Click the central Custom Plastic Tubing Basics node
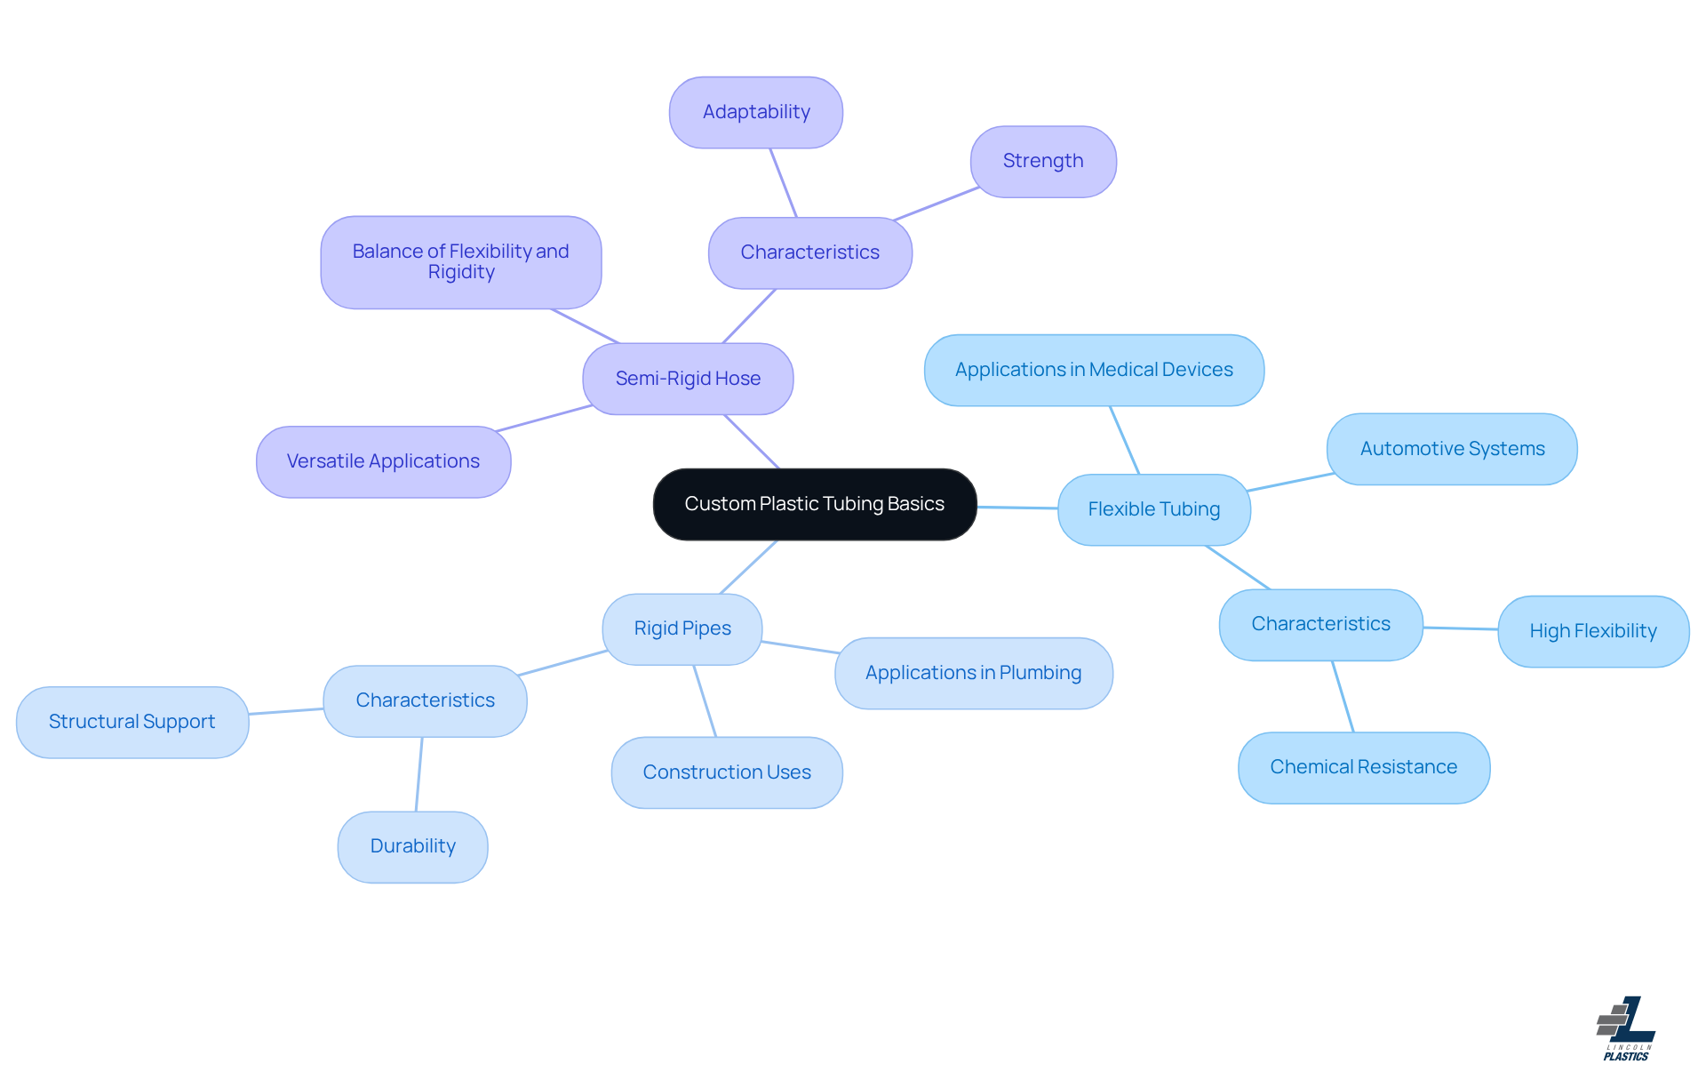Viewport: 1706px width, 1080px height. click(x=814, y=504)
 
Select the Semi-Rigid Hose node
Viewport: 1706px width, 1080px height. click(x=688, y=379)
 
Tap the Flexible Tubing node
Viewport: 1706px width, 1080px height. click(x=1153, y=509)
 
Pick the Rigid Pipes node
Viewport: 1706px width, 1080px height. click(x=682, y=628)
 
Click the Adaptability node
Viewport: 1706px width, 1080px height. click(x=755, y=112)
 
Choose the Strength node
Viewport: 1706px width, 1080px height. click(x=1042, y=161)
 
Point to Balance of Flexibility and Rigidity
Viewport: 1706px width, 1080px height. click(x=460, y=262)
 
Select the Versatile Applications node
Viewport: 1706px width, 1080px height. click(x=383, y=461)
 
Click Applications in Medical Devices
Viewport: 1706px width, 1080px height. click(x=1093, y=370)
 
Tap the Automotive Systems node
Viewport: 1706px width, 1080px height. click(x=1451, y=449)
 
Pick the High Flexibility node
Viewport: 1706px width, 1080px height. click(x=1592, y=631)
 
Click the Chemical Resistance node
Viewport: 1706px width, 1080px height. click(x=1363, y=767)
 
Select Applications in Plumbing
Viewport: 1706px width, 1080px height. click(x=973, y=673)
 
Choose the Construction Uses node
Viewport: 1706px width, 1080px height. click(x=726, y=772)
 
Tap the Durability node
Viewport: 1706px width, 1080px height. click(x=412, y=846)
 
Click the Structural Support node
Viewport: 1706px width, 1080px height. click(x=132, y=722)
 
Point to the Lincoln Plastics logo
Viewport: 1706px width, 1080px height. click(x=1626, y=1028)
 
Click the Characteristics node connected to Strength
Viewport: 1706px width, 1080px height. click(x=809, y=252)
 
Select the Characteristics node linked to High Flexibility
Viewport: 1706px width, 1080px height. click(x=1320, y=624)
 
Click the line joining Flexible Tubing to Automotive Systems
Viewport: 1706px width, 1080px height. click(x=1290, y=482)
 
